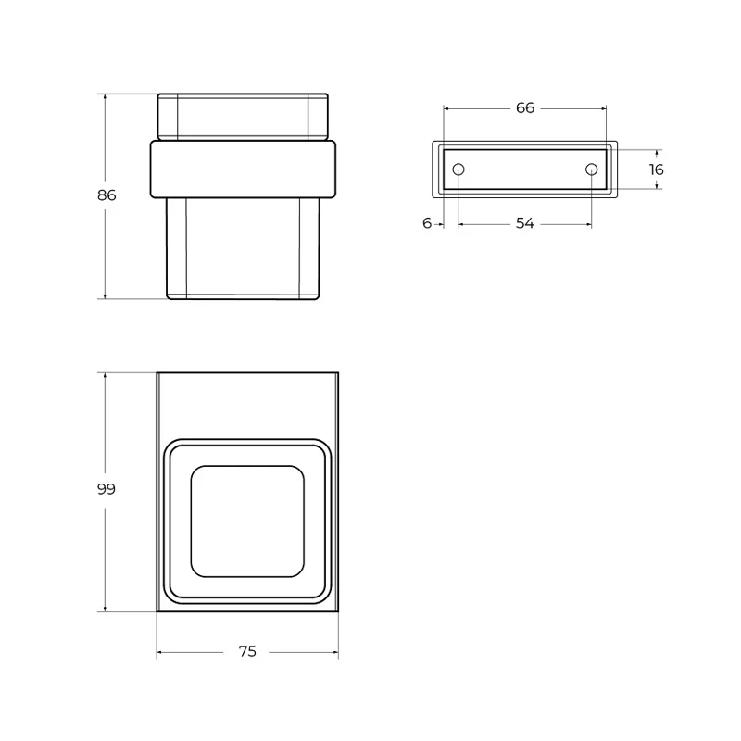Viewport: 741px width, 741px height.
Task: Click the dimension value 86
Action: pos(107,195)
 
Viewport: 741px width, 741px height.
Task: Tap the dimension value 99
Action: pos(106,489)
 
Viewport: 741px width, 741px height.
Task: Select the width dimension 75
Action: pos(247,651)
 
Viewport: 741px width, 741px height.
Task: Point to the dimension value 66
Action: pos(524,107)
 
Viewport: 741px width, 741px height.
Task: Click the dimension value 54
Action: pos(524,223)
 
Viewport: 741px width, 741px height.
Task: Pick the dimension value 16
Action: pos(656,170)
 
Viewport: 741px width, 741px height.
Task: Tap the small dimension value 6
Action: pos(427,223)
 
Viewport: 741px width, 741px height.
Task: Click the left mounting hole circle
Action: pos(458,170)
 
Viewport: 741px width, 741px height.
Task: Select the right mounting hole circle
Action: pos(591,170)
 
